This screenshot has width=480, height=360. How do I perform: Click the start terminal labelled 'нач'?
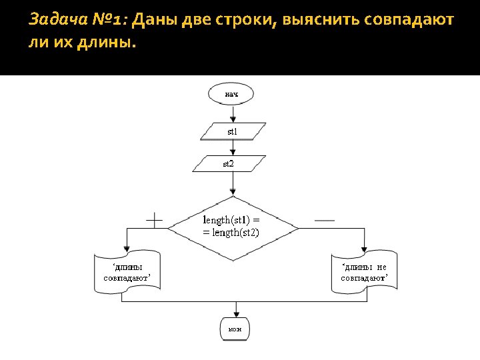231,94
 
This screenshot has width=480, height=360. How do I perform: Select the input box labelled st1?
233,131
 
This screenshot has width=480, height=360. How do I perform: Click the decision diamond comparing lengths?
233,227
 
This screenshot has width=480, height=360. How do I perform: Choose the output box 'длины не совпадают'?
364,273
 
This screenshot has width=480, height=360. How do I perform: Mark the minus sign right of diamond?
325,219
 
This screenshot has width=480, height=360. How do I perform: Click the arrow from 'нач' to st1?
233,113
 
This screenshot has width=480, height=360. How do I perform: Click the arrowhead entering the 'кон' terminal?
235,315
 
